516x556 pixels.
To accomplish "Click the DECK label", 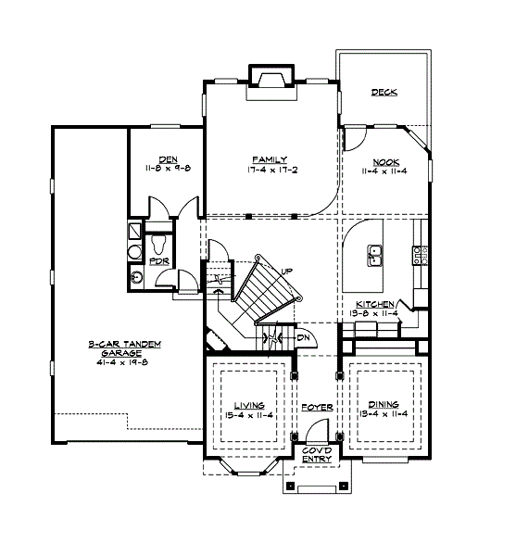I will point(384,92).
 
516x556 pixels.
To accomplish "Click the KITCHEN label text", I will point(376,304).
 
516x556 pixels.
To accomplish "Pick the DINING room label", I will point(383,405).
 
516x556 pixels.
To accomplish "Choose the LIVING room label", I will point(248,405).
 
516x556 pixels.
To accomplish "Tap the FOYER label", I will point(311,406).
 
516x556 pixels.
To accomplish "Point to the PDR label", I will point(159,261).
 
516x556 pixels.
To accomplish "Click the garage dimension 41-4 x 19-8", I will point(125,363).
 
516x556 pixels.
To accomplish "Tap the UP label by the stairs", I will point(287,270).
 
